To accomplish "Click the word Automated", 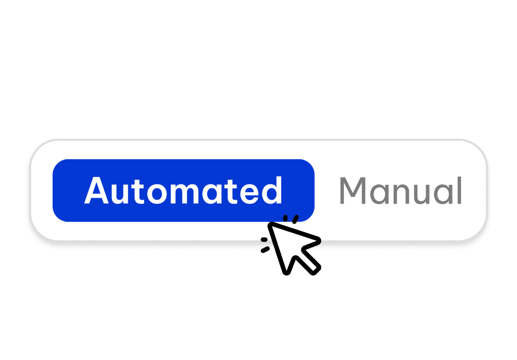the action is point(183,191).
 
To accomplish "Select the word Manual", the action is point(401,191).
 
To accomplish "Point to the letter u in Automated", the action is point(119,193).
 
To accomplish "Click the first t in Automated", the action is point(138,191).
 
